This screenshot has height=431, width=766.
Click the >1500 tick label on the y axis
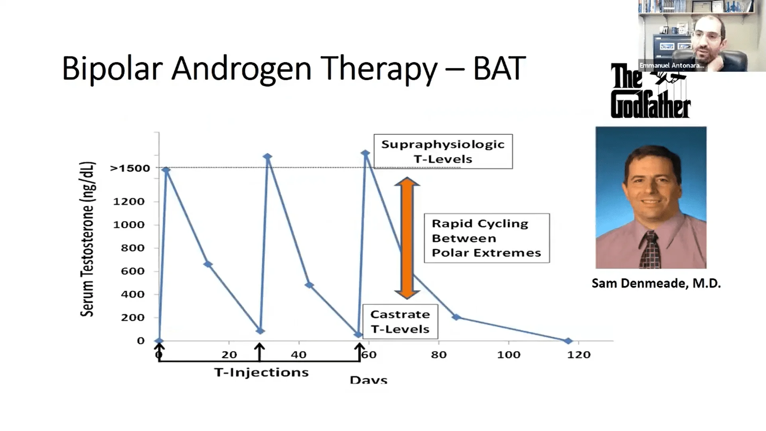click(130, 168)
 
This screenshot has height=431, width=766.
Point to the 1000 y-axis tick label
click(128, 225)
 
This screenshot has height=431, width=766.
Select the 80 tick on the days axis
click(438, 354)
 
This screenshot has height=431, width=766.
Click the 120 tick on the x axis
click(578, 354)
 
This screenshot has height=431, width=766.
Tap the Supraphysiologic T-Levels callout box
click(443, 152)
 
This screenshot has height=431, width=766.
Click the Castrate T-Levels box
click(400, 322)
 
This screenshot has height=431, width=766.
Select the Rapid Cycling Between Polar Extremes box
click(486, 238)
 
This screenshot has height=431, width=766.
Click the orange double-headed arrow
click(407, 238)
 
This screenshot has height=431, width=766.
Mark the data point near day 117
click(568, 341)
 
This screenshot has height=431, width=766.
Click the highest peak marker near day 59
click(365, 153)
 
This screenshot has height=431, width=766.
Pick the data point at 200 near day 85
click(456, 317)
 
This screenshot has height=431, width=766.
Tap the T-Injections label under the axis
click(261, 372)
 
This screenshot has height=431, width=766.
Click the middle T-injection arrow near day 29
click(260, 351)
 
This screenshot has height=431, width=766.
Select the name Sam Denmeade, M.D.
click(656, 283)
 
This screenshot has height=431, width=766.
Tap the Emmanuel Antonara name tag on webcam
click(671, 65)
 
